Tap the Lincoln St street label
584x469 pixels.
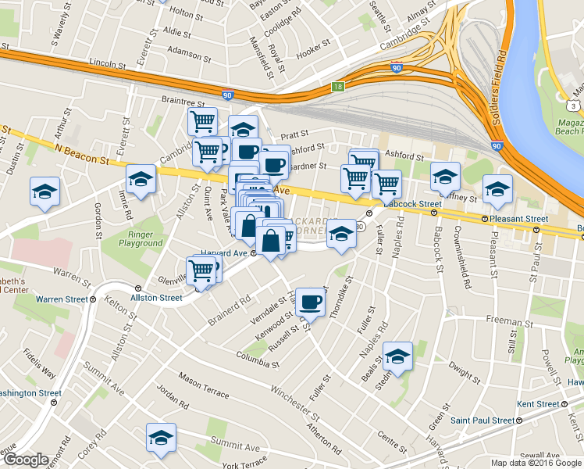[107, 62]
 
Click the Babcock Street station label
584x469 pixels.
[414, 204]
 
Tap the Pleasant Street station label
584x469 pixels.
[518, 219]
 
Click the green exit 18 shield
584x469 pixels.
[337, 87]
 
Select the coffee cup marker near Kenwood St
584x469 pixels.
[310, 302]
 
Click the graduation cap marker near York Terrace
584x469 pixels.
[161, 438]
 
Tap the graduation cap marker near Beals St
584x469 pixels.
[397, 357]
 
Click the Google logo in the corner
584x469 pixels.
[26, 460]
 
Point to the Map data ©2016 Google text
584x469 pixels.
[536, 463]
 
